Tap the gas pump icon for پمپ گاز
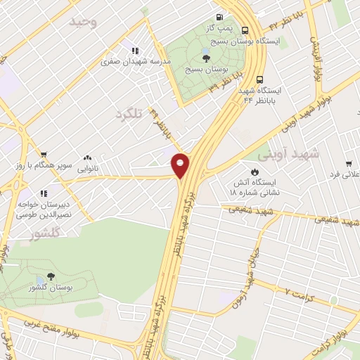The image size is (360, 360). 220,18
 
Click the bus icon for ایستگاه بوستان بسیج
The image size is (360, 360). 245,30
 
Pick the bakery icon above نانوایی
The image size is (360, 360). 87,159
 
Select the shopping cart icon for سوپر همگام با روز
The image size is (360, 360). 44,154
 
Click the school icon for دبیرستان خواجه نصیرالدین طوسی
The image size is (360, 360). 44,193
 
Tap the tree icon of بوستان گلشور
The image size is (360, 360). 51,277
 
